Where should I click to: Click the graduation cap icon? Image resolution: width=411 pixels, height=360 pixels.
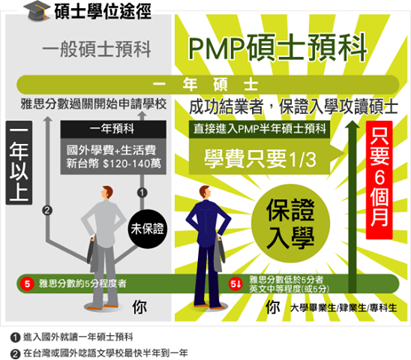coord(37,10)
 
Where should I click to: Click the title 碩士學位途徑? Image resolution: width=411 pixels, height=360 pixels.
coord(103,12)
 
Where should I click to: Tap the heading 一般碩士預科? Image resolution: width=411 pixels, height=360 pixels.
coord(97,49)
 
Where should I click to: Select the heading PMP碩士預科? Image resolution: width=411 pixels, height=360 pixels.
coord(277,48)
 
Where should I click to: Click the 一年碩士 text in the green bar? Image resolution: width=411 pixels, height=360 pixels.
coord(205,85)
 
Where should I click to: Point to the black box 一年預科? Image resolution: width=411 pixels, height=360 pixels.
coord(113,129)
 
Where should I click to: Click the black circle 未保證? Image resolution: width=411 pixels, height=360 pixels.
coord(148,229)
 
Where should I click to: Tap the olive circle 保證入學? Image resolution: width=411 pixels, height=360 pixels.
coord(290,223)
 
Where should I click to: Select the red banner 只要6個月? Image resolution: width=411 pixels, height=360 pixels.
coord(379,180)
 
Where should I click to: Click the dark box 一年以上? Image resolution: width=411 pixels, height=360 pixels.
coord(19,163)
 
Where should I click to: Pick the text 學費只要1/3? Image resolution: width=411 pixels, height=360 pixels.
coord(260,159)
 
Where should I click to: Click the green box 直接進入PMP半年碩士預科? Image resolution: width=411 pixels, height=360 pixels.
coord(259,129)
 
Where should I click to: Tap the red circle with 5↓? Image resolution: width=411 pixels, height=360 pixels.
coord(235,283)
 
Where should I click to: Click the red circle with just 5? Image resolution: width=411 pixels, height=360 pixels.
coord(27,283)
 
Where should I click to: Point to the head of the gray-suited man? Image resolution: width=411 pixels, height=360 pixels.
coord(107,193)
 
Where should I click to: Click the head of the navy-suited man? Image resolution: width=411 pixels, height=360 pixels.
coord(205,193)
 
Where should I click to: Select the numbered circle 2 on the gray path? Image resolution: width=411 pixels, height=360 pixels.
coord(47,211)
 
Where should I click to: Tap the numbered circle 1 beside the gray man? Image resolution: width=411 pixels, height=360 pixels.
coord(142,193)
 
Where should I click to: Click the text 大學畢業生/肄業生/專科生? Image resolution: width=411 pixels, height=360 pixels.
coord(343,307)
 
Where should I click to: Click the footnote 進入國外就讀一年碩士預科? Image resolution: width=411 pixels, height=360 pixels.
coord(78,337)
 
